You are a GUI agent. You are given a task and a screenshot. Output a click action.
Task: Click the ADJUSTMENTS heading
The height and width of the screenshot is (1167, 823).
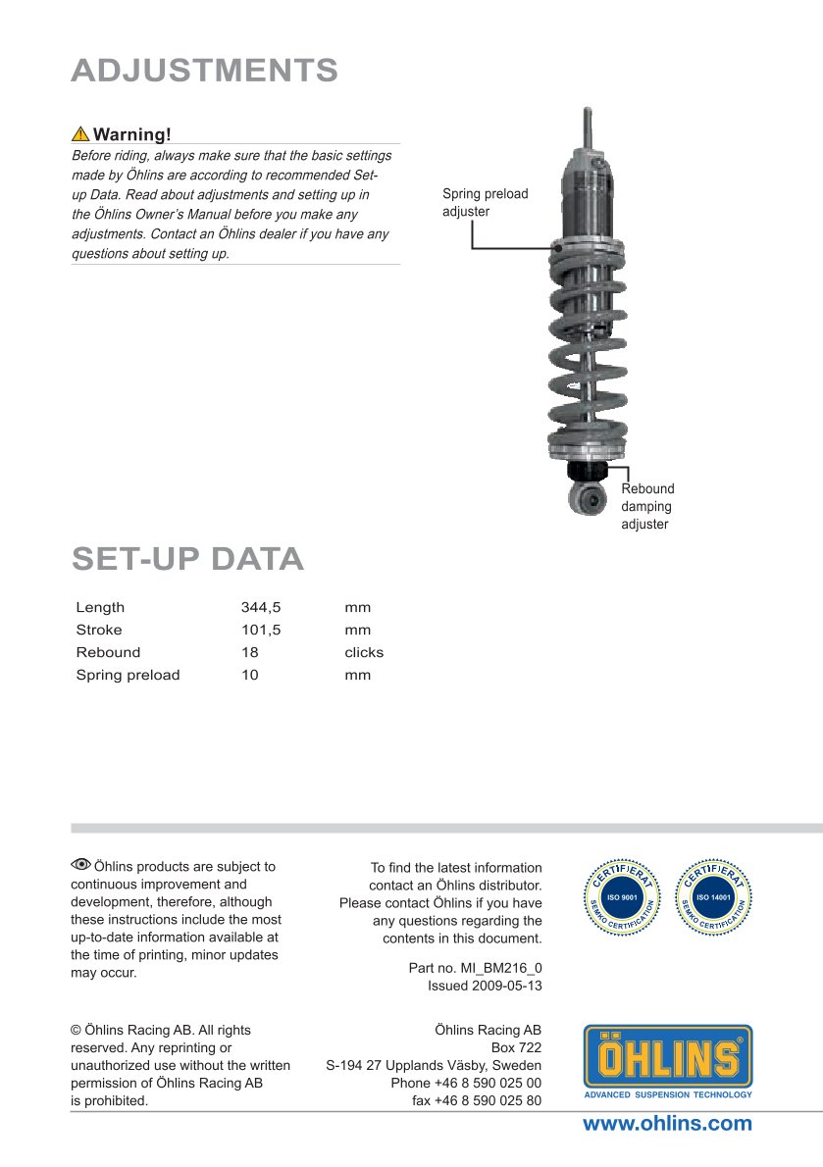(204, 71)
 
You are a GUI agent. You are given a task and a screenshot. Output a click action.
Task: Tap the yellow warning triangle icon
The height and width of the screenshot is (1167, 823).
(80, 133)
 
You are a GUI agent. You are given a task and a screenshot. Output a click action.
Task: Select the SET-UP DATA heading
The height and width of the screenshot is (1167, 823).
(187, 558)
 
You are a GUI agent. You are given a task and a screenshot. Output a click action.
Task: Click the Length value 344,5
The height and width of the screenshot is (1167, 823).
(261, 607)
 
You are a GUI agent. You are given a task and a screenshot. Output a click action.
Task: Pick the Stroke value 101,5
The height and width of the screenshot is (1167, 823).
(261, 630)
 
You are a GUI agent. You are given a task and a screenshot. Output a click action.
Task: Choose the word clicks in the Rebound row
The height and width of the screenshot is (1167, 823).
(364, 652)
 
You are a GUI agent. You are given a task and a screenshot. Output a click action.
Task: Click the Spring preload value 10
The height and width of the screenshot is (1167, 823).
(250, 675)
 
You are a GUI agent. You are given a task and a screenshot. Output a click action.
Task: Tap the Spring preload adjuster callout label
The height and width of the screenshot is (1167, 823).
(485, 202)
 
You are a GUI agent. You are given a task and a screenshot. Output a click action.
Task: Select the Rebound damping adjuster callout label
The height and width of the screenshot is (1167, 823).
(647, 506)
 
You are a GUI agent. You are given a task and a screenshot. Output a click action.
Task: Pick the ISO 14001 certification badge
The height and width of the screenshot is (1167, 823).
(716, 896)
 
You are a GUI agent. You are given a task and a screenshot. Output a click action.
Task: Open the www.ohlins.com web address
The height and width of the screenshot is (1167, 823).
(667, 1124)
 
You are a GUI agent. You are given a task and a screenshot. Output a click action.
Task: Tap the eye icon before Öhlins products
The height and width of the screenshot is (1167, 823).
(80, 865)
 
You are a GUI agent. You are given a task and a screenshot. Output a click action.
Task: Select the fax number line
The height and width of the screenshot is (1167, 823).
(477, 1100)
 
